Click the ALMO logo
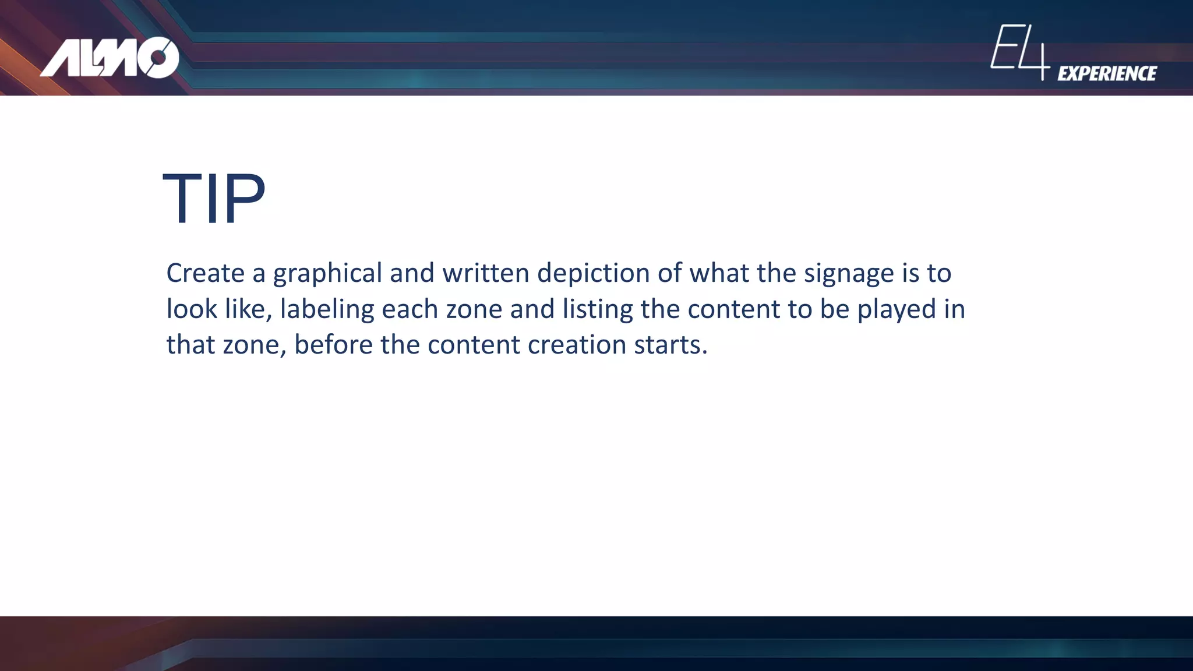[x=110, y=57]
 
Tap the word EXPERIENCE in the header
[x=1107, y=73]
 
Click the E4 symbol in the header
[x=1019, y=51]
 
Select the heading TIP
[x=214, y=199]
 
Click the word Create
[x=205, y=273]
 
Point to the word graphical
[x=327, y=273]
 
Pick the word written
[x=485, y=273]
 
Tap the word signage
[x=849, y=273]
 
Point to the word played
[x=896, y=309]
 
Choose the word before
[x=333, y=344]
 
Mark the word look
[x=191, y=309]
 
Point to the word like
[x=248, y=309]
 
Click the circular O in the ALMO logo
[x=158, y=57]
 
